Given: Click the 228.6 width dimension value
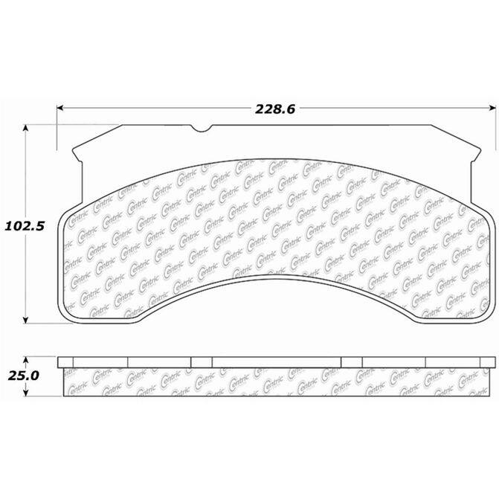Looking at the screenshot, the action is click(275, 109).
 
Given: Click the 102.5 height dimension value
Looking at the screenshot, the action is click(25, 226).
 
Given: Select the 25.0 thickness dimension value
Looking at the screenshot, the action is click(23, 376).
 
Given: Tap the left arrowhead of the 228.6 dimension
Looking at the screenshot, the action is click(60, 109).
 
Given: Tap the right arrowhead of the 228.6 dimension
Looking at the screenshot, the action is click(492, 109).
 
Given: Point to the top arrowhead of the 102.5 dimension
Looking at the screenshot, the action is click(26, 128).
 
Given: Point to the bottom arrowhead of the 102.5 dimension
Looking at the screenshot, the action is click(26, 321).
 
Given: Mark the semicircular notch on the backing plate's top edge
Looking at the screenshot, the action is click(202, 129).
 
